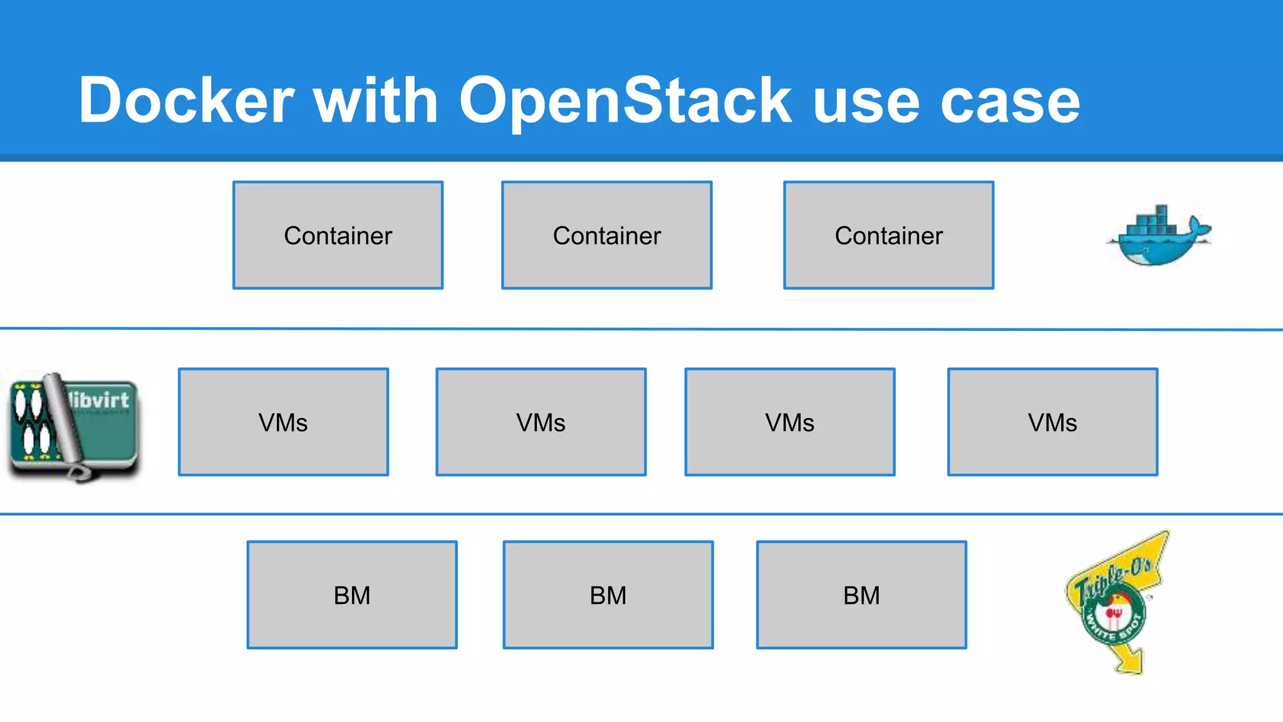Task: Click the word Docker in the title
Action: (186, 100)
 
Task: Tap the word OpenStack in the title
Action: (625, 100)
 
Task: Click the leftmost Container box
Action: (338, 235)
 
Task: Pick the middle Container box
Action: (606, 235)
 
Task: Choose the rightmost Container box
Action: (888, 235)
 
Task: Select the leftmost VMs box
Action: (283, 422)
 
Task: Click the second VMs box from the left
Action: (541, 422)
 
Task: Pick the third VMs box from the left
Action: (789, 422)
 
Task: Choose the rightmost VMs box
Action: (1052, 422)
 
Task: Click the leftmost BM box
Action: (352, 595)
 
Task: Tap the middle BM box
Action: (608, 595)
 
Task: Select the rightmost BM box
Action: (861, 595)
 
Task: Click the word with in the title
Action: (375, 100)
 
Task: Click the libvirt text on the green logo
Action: (99, 400)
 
